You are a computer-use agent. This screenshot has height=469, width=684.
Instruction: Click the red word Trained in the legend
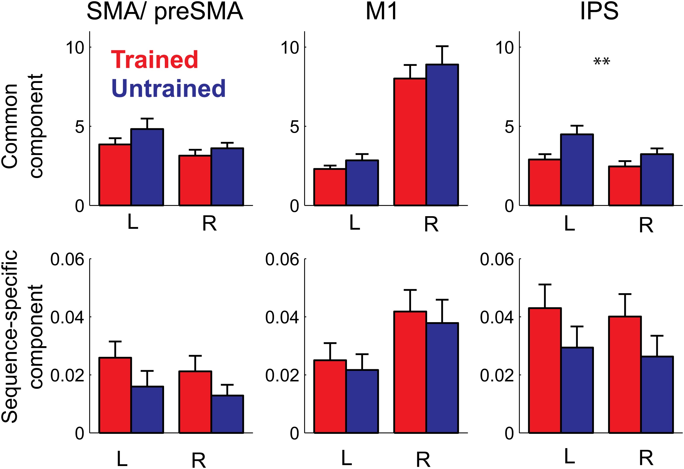coord(154,60)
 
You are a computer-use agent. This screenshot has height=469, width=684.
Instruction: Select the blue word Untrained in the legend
coord(168,88)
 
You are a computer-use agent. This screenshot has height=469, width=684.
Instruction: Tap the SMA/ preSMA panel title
coord(165,12)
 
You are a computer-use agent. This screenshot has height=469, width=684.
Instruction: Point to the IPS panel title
coord(599,12)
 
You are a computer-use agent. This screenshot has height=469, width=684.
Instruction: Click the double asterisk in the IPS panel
coord(602,62)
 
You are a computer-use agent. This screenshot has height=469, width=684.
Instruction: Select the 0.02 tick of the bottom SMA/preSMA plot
coord(67,375)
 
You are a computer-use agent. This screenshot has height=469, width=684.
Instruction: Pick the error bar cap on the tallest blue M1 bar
coord(442,46)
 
